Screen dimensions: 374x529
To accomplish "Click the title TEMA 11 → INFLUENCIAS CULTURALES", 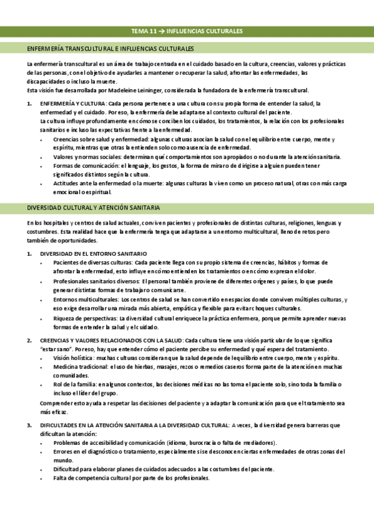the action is (x=187, y=31).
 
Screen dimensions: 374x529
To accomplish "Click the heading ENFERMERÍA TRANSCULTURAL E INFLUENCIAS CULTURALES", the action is (x=110, y=48).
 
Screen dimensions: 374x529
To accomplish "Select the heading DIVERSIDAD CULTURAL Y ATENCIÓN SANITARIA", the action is (x=93, y=207).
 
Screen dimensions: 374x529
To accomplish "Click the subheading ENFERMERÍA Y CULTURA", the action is (x=72, y=103).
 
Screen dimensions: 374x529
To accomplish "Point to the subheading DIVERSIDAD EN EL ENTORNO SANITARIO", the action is (x=93, y=253).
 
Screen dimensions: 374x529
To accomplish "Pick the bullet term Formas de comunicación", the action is (x=79, y=166).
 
